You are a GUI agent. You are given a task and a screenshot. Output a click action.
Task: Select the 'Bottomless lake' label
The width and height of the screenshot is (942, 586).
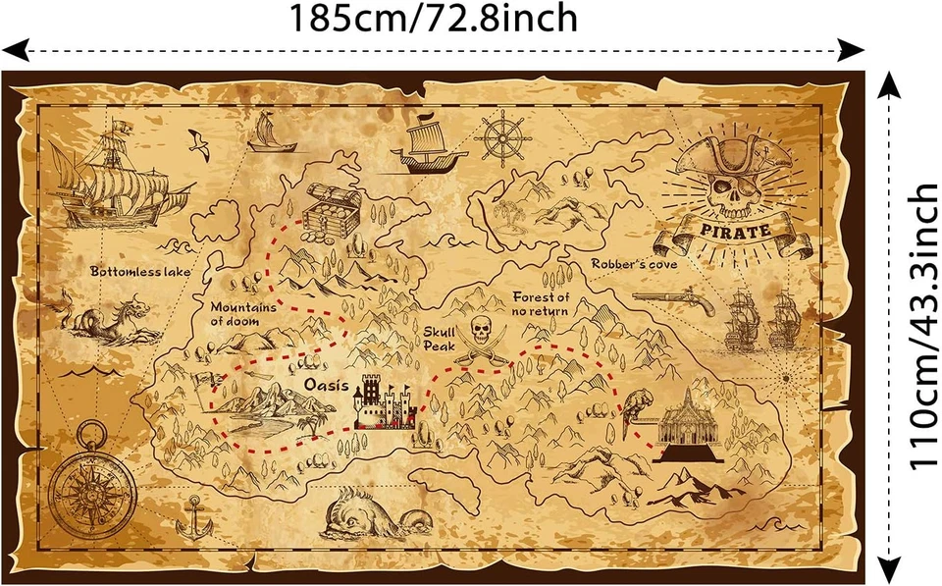[x=140, y=270]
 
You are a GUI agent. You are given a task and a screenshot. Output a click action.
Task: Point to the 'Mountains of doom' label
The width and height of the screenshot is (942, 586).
[x=243, y=312]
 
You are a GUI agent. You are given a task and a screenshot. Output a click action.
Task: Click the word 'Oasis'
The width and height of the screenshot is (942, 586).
[x=323, y=385]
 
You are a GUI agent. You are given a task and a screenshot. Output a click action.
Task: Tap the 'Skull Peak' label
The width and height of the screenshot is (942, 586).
[x=441, y=339]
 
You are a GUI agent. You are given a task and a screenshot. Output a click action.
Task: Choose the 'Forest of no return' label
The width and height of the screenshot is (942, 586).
[x=541, y=303]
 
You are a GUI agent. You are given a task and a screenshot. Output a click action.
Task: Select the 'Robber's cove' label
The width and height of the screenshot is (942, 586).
[x=634, y=264]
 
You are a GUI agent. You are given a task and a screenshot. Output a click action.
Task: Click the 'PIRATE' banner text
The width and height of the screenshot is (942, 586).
[x=735, y=232]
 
